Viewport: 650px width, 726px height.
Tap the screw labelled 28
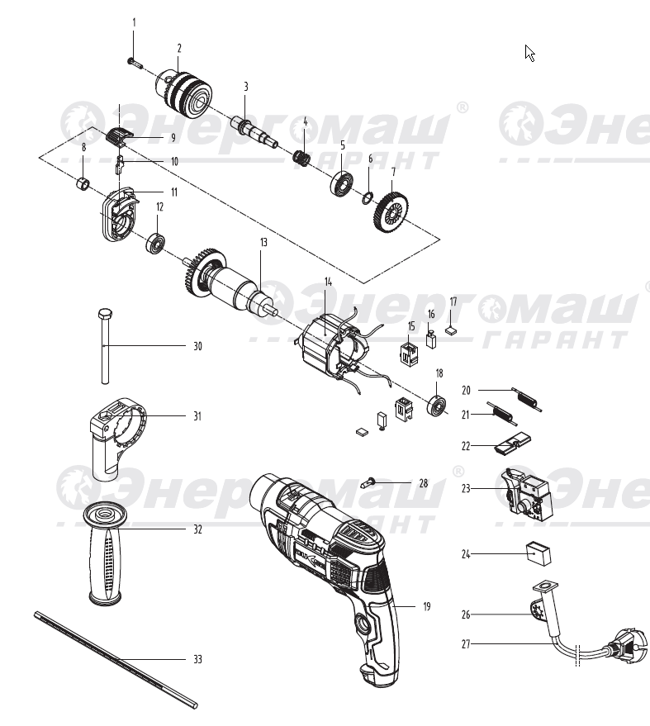(x=371, y=482)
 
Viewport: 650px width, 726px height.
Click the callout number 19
(x=427, y=607)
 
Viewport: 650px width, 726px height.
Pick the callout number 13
(x=263, y=243)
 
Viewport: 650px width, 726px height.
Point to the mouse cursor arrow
(x=530, y=54)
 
